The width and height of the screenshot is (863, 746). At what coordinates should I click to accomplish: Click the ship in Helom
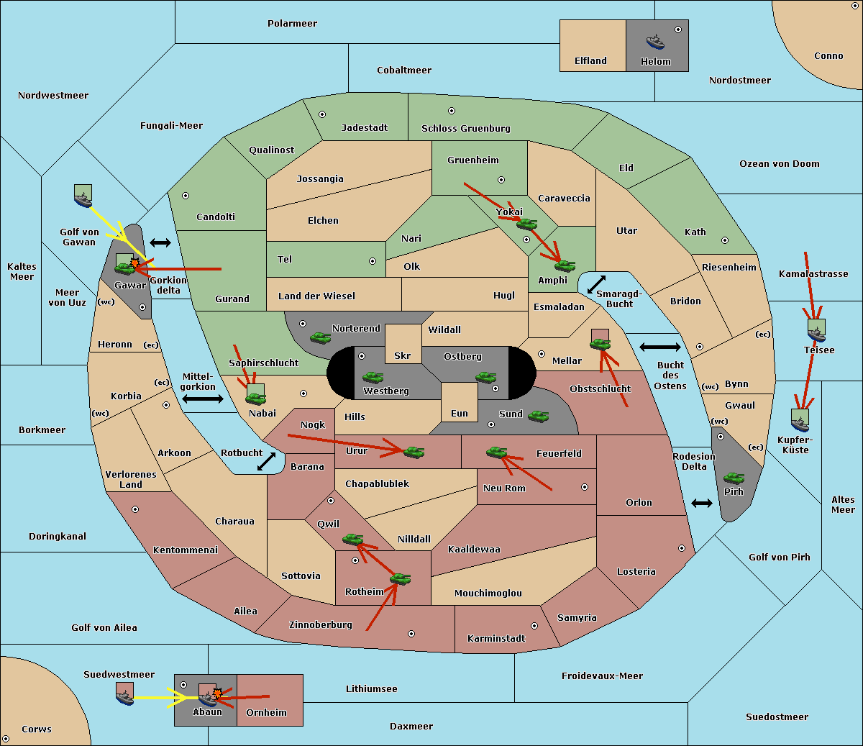[x=655, y=42]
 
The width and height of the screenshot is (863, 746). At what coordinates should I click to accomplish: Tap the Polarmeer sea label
[x=292, y=24]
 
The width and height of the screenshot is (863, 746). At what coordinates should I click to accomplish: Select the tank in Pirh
[x=734, y=478]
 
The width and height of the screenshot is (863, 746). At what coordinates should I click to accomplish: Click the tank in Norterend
[x=320, y=337]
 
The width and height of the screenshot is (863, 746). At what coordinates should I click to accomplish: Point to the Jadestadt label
[x=365, y=127]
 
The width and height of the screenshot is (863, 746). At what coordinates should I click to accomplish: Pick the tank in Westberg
[x=373, y=377]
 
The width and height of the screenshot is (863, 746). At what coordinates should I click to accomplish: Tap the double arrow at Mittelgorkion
[x=203, y=399]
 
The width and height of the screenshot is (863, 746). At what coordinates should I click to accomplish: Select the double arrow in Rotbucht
[x=266, y=461]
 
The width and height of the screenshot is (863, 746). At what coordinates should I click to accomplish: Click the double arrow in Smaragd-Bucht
[x=596, y=284]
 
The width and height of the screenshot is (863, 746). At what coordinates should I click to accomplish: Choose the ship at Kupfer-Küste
[x=800, y=424]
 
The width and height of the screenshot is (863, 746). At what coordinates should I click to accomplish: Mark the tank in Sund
[x=538, y=416]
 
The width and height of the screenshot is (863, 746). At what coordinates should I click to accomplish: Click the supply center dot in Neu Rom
[x=585, y=487]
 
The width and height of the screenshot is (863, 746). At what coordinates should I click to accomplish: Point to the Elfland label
[x=590, y=60]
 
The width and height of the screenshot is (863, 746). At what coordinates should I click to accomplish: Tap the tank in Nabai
[x=255, y=399]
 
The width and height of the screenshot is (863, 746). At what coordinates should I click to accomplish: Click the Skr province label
[x=402, y=355]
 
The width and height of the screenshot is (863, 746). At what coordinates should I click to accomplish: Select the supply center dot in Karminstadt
[x=534, y=626]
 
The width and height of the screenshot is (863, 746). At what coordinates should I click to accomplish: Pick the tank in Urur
[x=414, y=452]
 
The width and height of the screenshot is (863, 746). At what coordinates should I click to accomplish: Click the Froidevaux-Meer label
[x=602, y=676]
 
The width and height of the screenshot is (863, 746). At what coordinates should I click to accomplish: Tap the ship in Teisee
[x=816, y=335]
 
